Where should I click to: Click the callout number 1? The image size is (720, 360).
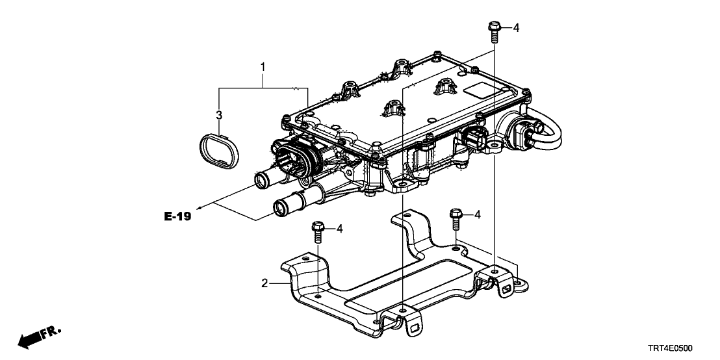(x=263, y=66)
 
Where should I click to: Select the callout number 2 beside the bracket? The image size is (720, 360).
(x=264, y=283)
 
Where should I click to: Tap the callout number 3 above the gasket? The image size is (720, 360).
(x=220, y=116)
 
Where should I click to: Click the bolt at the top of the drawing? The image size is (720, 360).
(x=493, y=29)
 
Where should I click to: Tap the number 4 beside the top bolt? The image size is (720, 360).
(x=516, y=27)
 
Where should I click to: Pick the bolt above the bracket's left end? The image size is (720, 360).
(x=318, y=230)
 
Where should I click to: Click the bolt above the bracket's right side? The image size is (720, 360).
(x=456, y=217)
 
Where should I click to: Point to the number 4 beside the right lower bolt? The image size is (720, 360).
(x=478, y=214)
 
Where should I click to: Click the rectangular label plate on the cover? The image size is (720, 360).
(x=482, y=91)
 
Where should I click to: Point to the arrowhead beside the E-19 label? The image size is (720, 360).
(x=198, y=207)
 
